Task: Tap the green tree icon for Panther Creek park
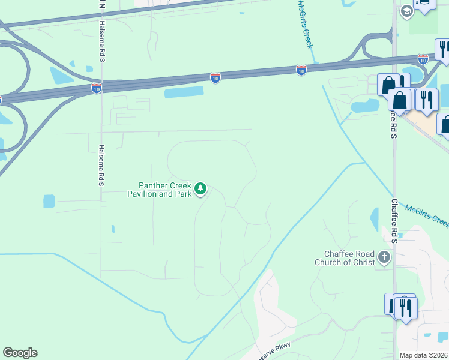tap(200, 190)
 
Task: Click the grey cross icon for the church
tap(384, 258)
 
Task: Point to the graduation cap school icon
tap(406, 10)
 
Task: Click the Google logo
tap(20, 353)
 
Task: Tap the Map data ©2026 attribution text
tap(424, 355)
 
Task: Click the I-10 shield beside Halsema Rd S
tap(97, 88)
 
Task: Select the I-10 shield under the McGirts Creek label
tap(301, 70)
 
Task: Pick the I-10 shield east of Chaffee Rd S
tap(423, 59)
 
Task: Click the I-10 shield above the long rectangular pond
tap(215, 77)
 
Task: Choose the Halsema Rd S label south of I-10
tap(101, 165)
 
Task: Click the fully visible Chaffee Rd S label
tap(394, 220)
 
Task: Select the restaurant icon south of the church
tap(406, 308)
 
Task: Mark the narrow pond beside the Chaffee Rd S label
tap(375, 219)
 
